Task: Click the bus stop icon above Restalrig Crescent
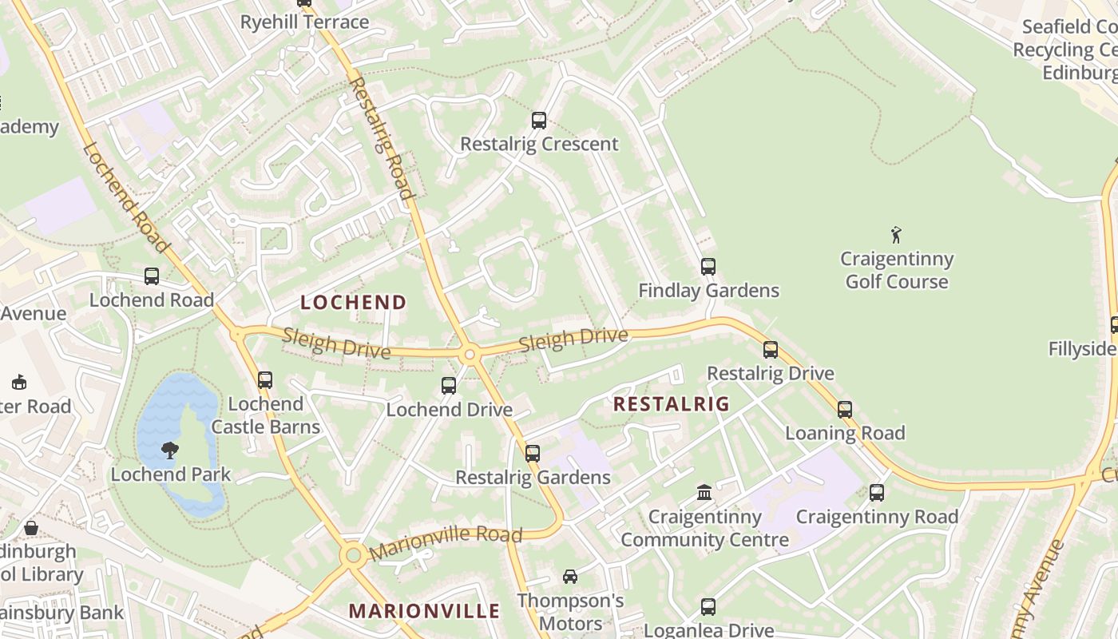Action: point(539,121)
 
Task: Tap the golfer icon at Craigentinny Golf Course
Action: point(896,235)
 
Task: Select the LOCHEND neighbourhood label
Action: point(354,303)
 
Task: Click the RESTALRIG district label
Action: point(672,404)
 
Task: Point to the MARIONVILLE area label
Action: point(424,612)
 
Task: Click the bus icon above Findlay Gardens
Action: point(708,267)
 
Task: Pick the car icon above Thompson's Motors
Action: point(570,577)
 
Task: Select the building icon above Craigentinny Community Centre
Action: point(704,493)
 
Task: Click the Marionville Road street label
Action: point(446,542)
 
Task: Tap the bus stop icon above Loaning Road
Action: point(845,410)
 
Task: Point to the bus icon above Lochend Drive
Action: point(449,387)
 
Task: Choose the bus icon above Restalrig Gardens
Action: point(533,454)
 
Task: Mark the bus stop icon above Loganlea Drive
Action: point(708,607)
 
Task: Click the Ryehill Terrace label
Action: point(304,22)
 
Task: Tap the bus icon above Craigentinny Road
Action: point(877,493)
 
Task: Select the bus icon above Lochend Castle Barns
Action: point(265,380)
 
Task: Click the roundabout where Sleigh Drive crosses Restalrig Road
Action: point(470,354)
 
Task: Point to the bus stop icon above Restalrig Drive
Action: point(770,350)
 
